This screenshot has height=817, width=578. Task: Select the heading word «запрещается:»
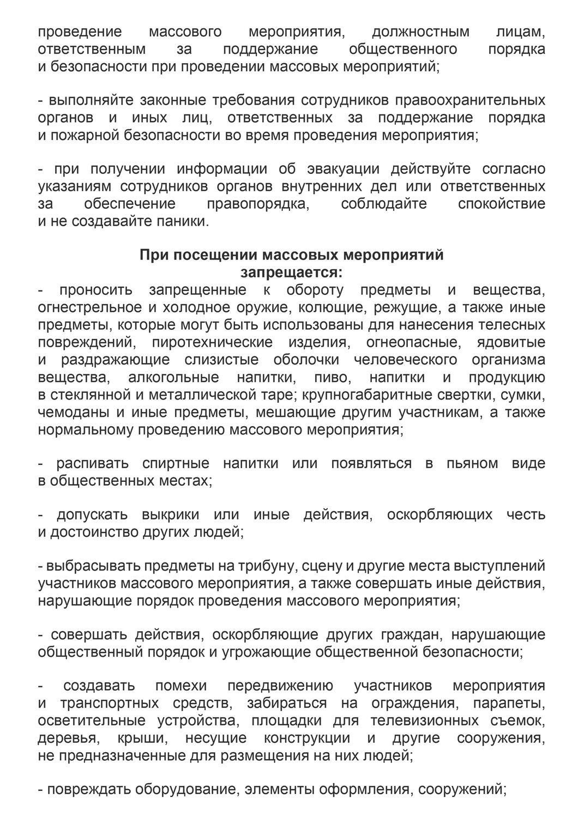tap(292, 271)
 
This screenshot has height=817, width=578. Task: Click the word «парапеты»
tap(509, 703)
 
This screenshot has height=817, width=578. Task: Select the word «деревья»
tap(65, 738)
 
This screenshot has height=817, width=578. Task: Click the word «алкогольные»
tap(173, 377)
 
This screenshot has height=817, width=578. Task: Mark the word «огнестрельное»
tap(90, 307)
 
